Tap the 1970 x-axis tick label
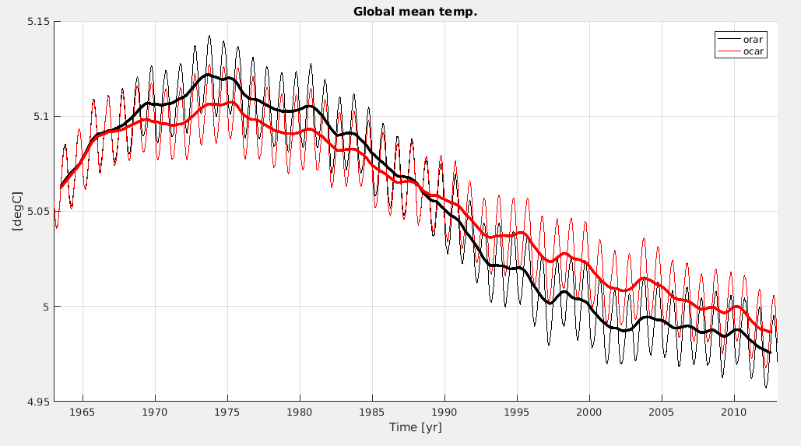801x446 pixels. (x=154, y=412)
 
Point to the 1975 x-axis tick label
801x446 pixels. (x=227, y=412)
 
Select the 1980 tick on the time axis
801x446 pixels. (x=299, y=412)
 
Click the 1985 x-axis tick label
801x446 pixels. (x=372, y=412)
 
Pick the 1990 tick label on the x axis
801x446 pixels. (x=444, y=412)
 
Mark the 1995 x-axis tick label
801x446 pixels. (x=517, y=412)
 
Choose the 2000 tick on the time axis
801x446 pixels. (x=589, y=412)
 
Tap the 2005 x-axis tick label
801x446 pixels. (x=662, y=412)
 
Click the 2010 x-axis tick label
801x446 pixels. (x=734, y=412)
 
